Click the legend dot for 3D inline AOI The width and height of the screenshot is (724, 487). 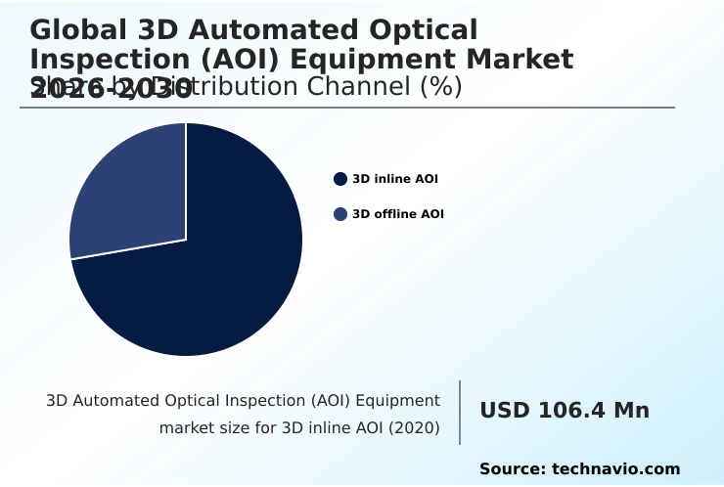click(x=340, y=179)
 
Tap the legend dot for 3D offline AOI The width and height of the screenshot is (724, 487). click(x=340, y=214)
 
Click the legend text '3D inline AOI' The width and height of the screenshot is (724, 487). click(x=394, y=179)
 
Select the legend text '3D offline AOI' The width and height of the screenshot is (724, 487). click(x=397, y=214)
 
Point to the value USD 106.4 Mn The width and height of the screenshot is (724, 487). click(x=564, y=411)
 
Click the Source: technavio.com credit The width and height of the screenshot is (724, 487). click(x=579, y=469)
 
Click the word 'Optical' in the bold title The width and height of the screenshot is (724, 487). click(x=422, y=30)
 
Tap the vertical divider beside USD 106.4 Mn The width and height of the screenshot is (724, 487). click(x=460, y=413)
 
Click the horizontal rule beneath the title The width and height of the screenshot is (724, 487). click(x=347, y=108)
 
